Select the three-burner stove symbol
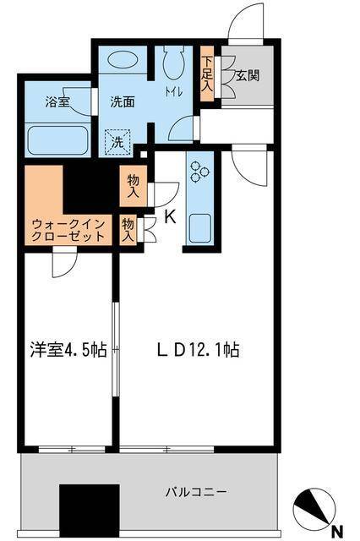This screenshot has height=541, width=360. (x=202, y=172)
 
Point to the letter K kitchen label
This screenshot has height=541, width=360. (x=169, y=216)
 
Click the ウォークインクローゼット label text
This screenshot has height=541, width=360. (x=68, y=230)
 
